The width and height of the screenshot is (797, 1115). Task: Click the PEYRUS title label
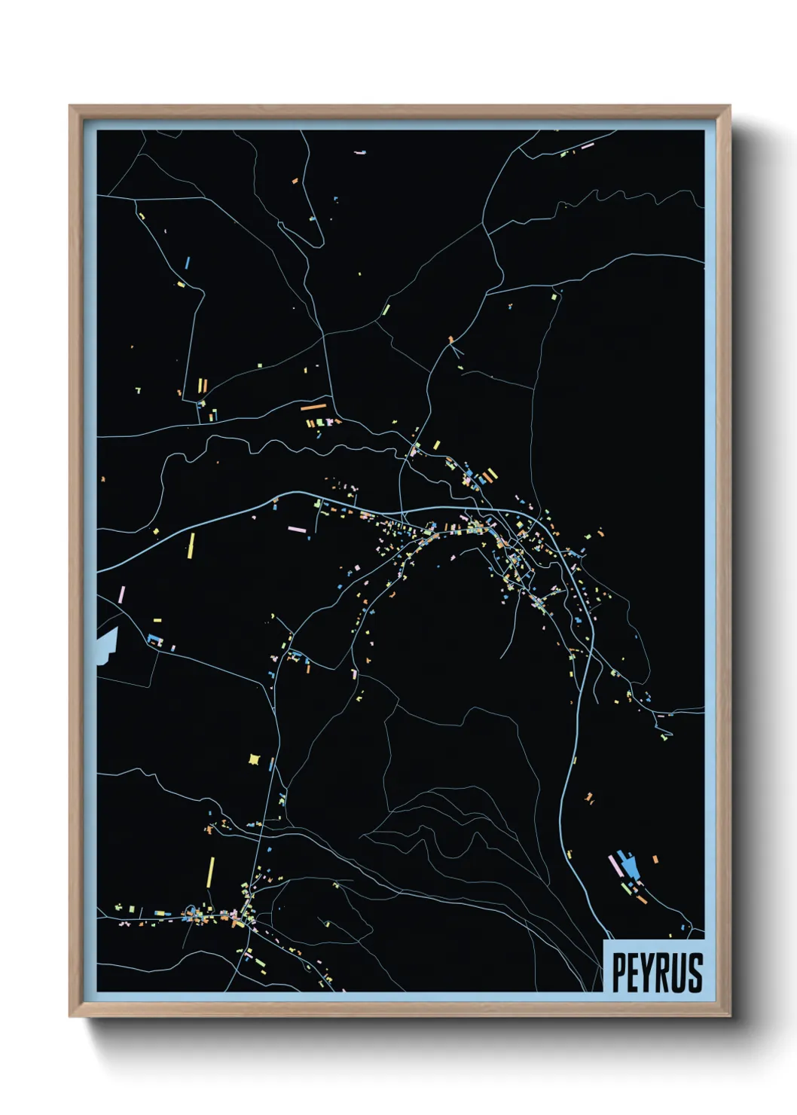pyautogui.click(x=656, y=973)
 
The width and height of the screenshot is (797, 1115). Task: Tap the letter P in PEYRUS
pyautogui.click(x=620, y=973)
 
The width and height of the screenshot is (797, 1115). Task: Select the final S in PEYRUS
pyautogui.click(x=695, y=973)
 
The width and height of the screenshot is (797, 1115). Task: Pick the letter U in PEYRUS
pyautogui.click(x=679, y=973)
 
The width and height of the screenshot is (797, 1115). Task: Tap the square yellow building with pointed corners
pyautogui.click(x=254, y=759)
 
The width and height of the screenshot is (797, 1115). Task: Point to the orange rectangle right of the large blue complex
pyautogui.click(x=655, y=859)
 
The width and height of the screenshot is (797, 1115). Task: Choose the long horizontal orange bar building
pyautogui.click(x=313, y=408)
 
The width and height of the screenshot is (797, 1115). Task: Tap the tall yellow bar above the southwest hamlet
pyautogui.click(x=211, y=872)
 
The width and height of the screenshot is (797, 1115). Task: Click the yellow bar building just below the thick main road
pyautogui.click(x=191, y=545)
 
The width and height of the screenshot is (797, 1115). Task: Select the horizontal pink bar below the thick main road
pyautogui.click(x=297, y=530)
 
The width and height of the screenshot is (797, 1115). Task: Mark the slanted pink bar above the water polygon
pyautogui.click(x=121, y=594)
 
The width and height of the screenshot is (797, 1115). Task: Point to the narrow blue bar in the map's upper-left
pyautogui.click(x=187, y=263)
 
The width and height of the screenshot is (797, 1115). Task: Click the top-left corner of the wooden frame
pyautogui.click(x=71, y=107)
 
